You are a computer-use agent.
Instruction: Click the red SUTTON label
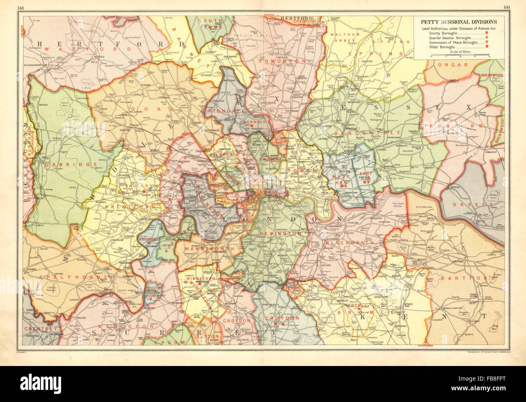point(210,336)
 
